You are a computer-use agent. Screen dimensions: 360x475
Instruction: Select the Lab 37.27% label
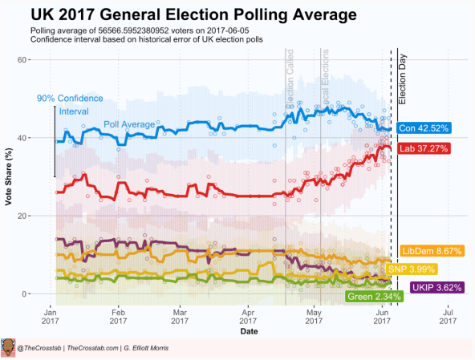pos(425,148)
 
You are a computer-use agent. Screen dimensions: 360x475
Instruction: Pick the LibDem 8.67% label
pos(432,251)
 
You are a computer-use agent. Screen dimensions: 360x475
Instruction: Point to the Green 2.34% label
pos(374,297)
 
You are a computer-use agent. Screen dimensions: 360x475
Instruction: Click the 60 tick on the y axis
pos(24,60)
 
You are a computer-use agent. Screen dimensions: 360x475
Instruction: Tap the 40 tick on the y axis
pos(24,138)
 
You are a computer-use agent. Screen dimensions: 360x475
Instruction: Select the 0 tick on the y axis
pos(26,294)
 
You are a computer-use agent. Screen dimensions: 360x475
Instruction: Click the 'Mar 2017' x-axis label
pos(181,318)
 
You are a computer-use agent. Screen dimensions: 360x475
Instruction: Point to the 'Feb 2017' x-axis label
pos(118,318)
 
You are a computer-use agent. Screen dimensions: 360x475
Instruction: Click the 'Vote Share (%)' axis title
pos(9,177)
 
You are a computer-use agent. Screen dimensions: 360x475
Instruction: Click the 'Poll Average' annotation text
pos(129,124)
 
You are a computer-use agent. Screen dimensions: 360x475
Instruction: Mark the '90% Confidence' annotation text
pos(68,99)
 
